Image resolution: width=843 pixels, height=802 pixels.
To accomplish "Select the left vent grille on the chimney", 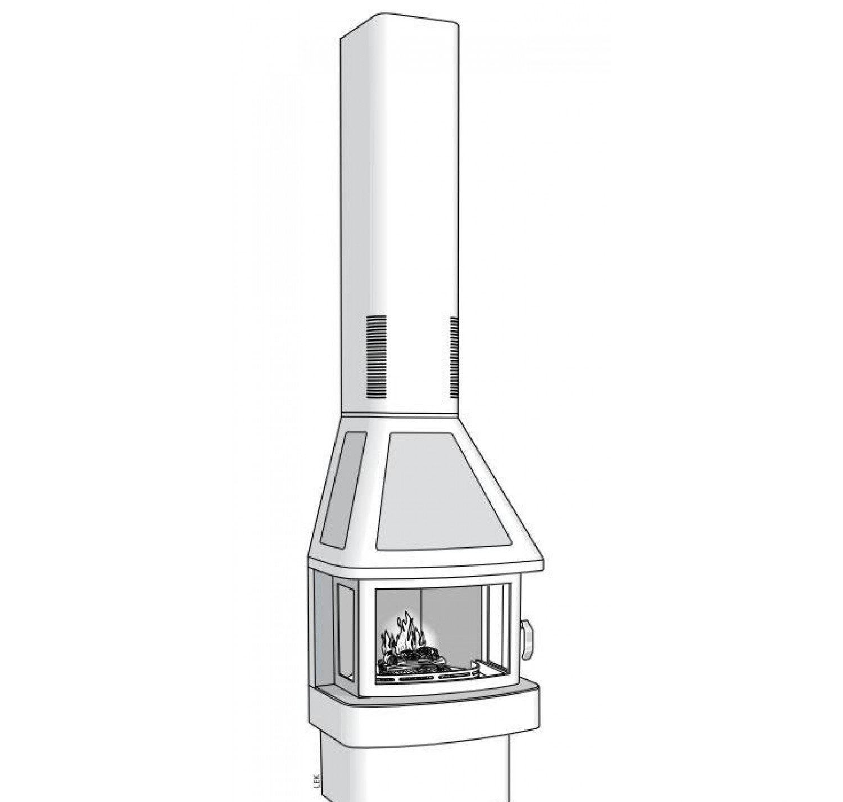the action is (377, 357).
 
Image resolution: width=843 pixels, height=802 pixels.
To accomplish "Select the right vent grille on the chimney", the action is (454, 357).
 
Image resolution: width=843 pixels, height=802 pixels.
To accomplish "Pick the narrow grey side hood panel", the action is (346, 489).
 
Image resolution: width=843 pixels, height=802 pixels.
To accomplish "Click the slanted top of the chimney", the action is (403, 24).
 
